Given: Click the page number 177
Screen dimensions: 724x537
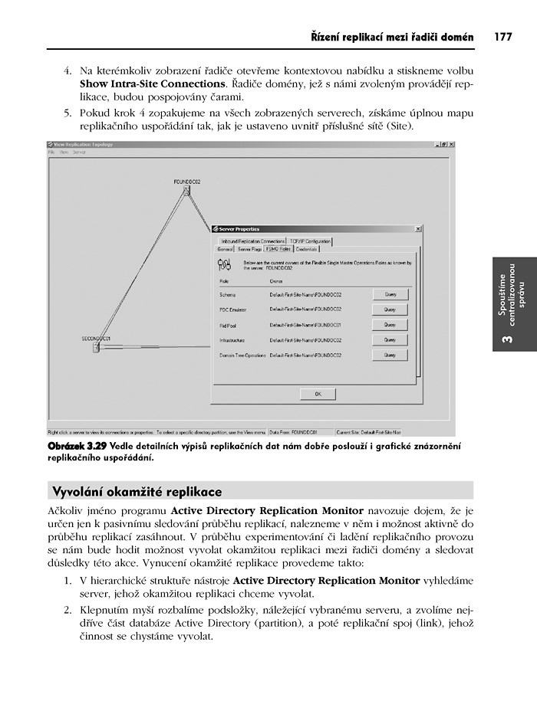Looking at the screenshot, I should [x=502, y=36].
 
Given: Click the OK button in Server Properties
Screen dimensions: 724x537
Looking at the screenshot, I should [x=318, y=393].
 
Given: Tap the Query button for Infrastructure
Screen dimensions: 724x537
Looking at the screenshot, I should [x=390, y=340].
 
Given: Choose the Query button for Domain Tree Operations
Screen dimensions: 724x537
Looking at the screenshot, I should [x=390, y=355].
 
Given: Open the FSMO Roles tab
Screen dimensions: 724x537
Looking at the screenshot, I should [x=277, y=249].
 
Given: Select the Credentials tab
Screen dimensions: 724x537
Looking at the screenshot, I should [x=307, y=249].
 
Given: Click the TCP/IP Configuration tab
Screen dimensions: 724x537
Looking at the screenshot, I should [x=311, y=241].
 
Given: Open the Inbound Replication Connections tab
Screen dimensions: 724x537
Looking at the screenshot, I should [x=252, y=241].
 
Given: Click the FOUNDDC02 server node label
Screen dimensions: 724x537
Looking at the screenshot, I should [x=186, y=182].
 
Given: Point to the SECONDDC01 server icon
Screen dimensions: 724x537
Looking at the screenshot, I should [x=96, y=347].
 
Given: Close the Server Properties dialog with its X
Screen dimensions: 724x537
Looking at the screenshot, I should [x=417, y=228].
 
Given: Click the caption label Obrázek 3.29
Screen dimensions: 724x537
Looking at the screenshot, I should [x=76, y=446].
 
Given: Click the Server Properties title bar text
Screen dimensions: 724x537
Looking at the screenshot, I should [x=239, y=228].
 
